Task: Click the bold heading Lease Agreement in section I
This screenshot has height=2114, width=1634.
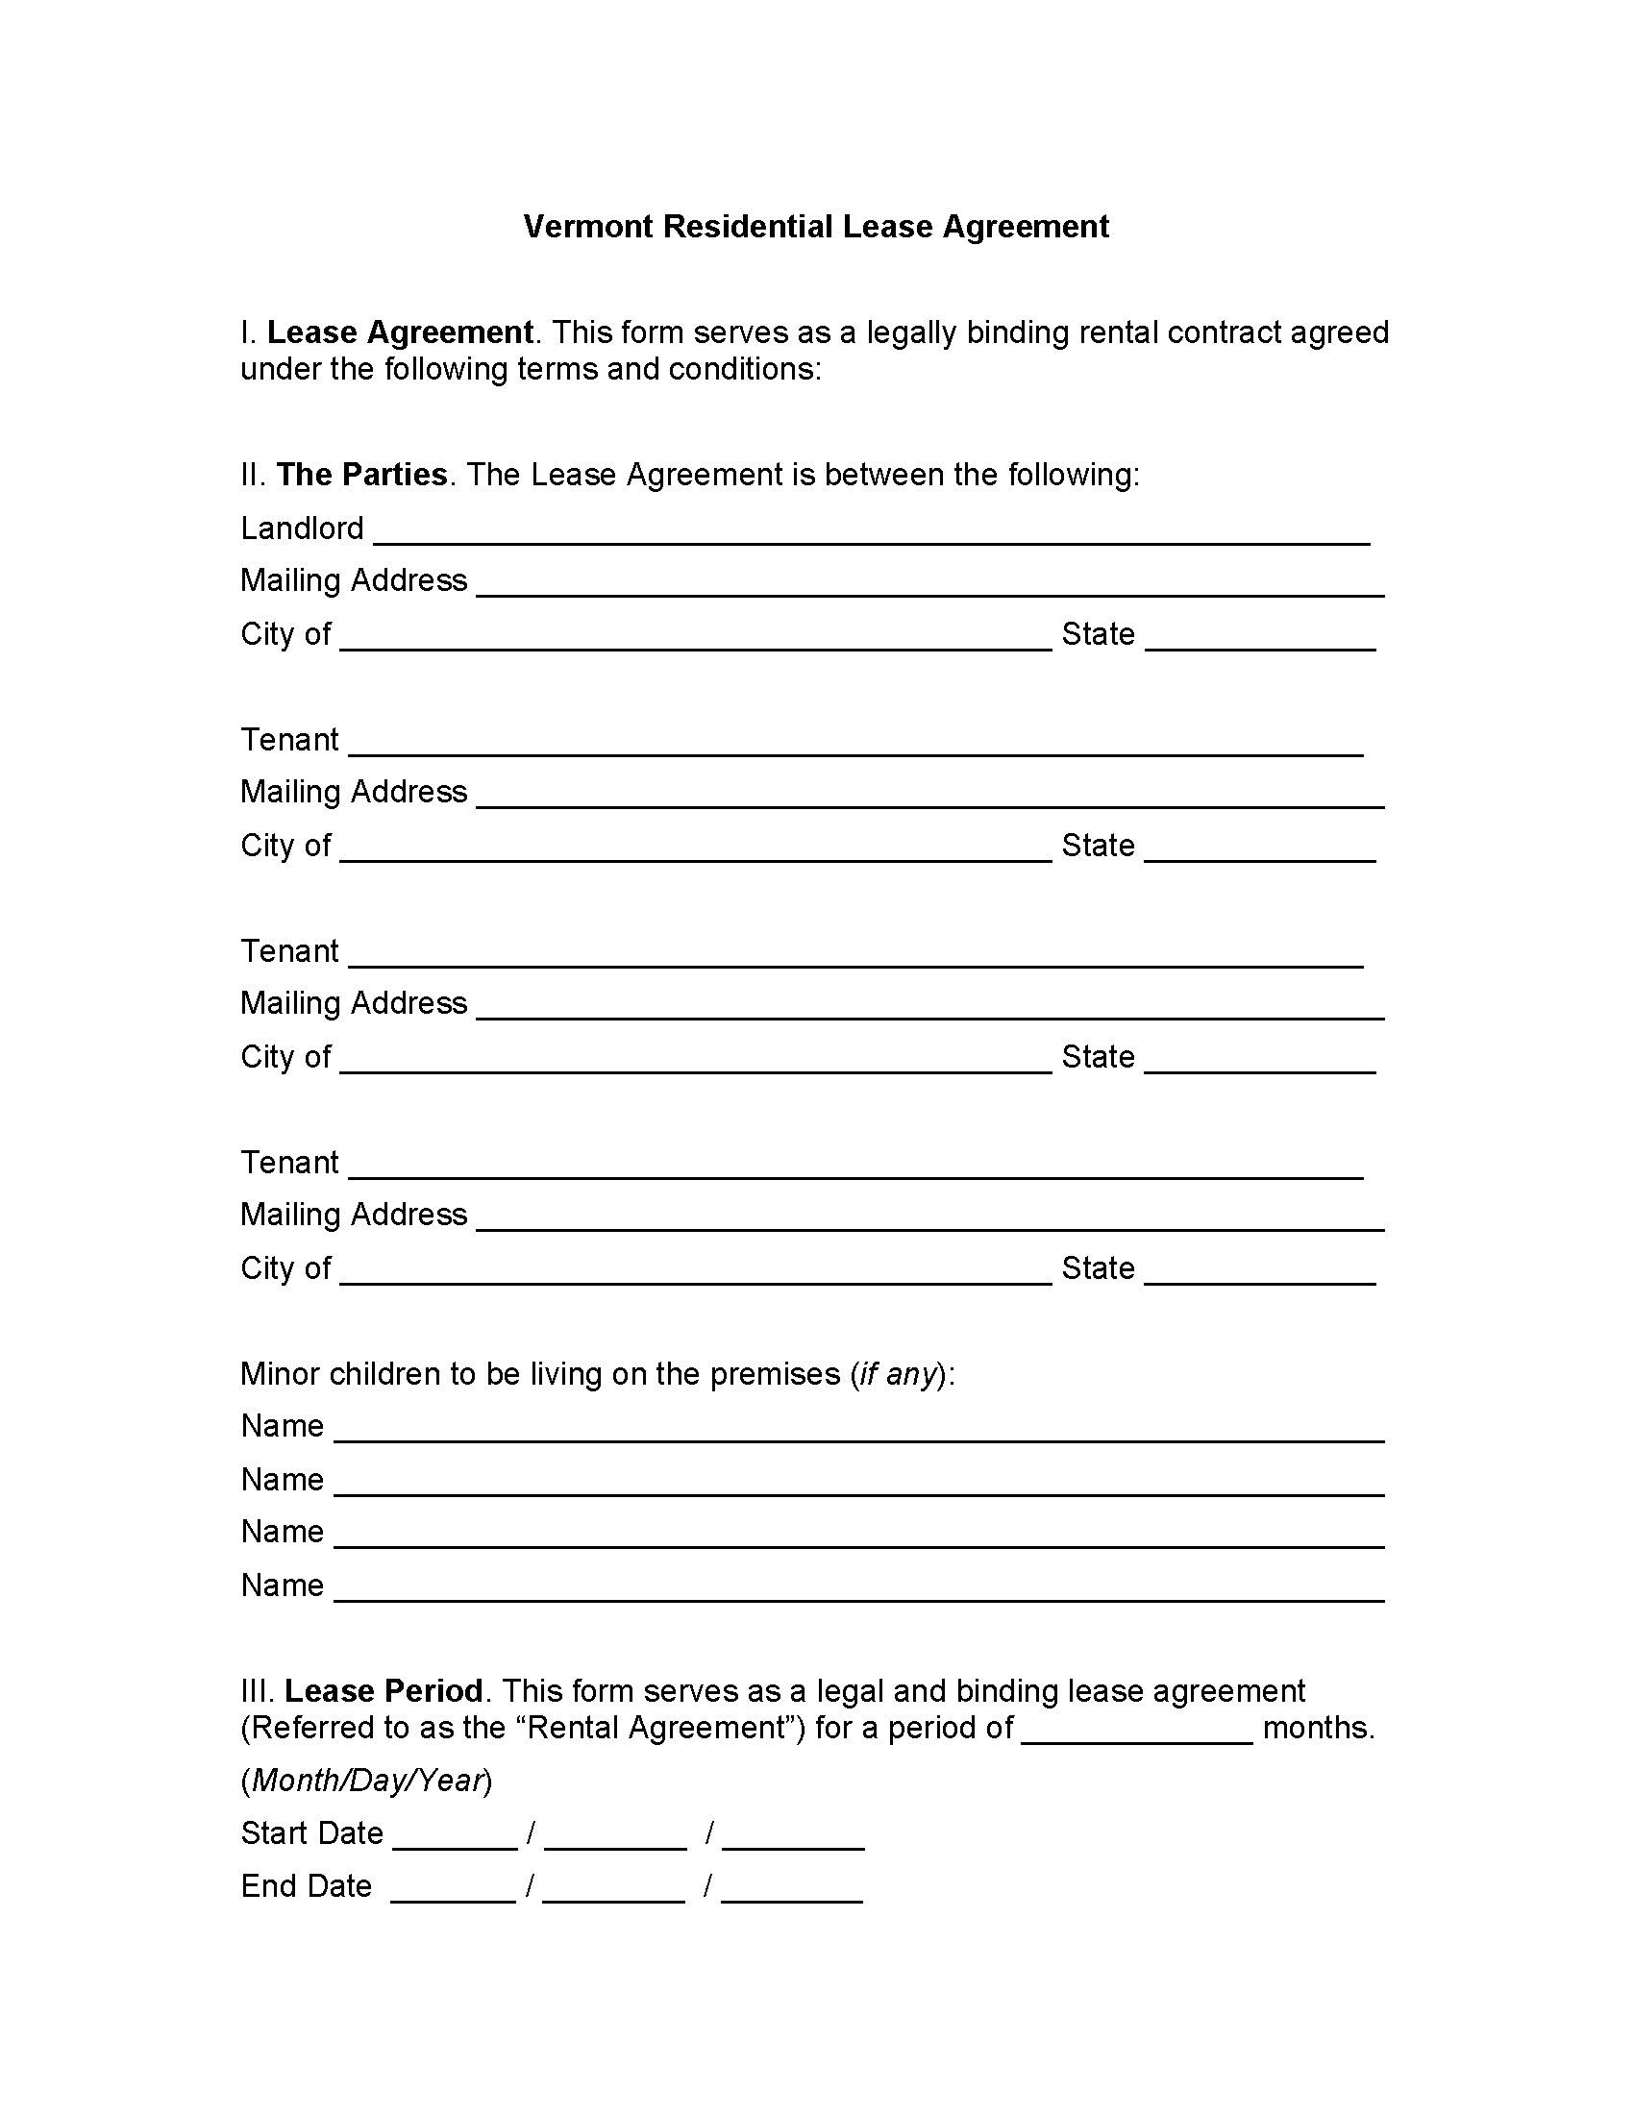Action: click(400, 333)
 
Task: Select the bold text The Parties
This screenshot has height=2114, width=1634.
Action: click(362, 475)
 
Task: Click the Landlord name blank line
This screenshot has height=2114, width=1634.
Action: click(871, 534)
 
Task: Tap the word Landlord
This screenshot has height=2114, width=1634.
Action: click(302, 528)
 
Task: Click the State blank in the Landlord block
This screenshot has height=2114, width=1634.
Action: click(1260, 640)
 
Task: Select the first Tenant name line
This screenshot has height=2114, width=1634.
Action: click(855, 746)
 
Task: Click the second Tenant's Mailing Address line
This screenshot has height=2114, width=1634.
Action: click(929, 1009)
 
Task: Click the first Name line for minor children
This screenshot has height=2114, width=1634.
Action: click(858, 1432)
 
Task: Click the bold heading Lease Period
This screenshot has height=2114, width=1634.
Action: click(384, 1691)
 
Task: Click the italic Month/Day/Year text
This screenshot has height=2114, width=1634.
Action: click(366, 1781)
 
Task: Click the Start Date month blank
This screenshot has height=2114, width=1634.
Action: click(455, 1839)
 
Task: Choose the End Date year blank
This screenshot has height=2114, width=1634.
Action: click(792, 1892)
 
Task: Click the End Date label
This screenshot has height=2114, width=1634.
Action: click(306, 1886)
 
